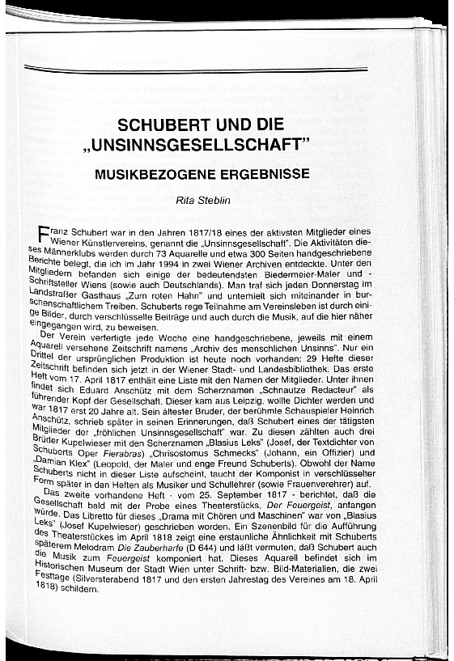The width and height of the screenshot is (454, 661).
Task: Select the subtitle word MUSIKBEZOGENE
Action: (x=151, y=173)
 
